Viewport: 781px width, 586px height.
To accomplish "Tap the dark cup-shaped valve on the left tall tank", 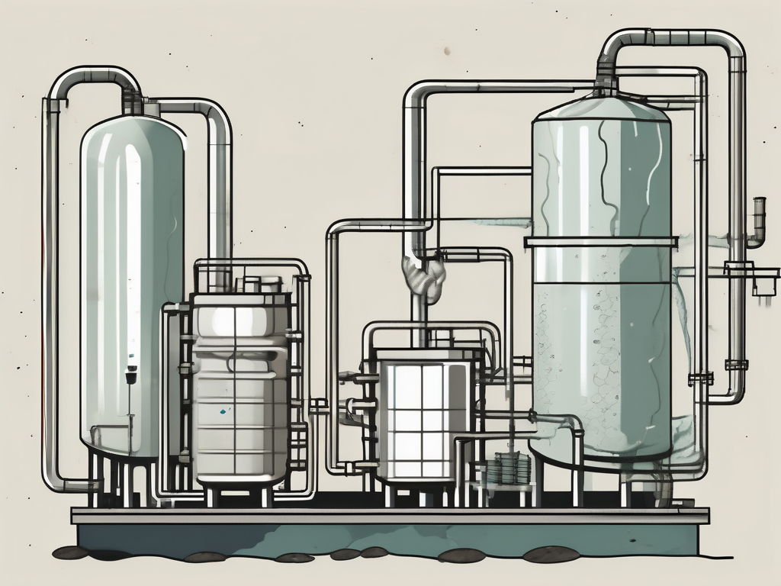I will pos(130,375).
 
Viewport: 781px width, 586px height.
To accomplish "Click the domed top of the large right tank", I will pos(602,111).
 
